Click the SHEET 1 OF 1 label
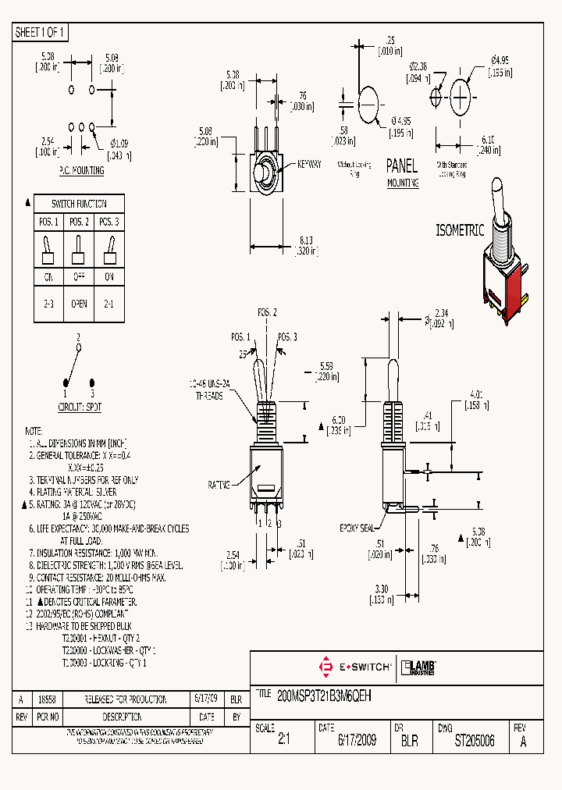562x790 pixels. point(41,33)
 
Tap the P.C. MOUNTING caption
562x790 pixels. point(81,169)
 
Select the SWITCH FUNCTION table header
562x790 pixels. point(79,204)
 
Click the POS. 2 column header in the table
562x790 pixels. point(79,222)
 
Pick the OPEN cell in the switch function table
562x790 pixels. point(79,304)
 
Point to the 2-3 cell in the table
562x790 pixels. point(48,304)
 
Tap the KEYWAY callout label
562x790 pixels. point(310,165)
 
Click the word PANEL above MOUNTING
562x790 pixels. point(403,165)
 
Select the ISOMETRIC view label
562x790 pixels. point(460,230)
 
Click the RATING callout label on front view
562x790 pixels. point(219,485)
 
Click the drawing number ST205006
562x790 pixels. point(475,741)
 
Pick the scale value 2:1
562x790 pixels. point(283,741)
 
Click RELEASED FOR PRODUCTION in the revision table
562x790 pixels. point(121,699)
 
